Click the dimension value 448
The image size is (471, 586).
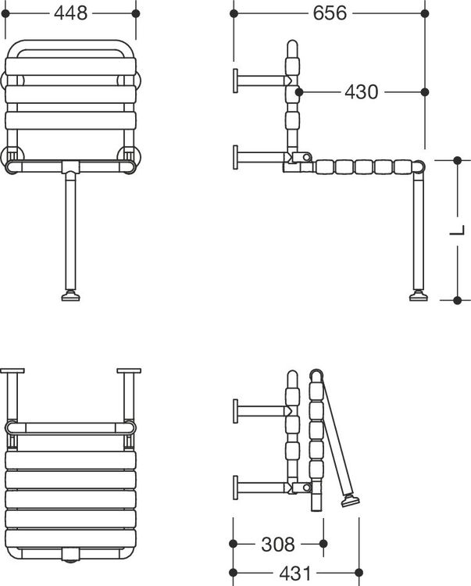pos(70,13)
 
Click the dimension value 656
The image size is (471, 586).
pos(330,13)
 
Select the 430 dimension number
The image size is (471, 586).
pos(361,92)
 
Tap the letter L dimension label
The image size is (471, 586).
pos(457,230)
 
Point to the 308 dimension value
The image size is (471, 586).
pos(278,544)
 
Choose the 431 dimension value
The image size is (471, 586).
pos(295,573)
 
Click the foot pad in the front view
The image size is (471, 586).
pos(70,296)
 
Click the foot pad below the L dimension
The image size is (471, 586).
pos(419,296)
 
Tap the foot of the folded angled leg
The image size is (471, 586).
pos(351,500)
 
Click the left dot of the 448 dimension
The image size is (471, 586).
pos(5,13)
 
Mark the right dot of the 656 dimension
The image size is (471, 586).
pos(425,13)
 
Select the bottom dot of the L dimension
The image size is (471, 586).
pos(457,300)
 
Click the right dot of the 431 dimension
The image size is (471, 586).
pos(359,573)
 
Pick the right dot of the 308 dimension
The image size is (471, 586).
pos(323,544)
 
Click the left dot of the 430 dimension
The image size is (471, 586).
pos(299,92)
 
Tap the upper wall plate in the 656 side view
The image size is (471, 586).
pos(236,80)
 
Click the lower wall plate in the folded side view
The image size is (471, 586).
pos(236,488)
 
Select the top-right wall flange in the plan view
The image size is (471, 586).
pos(129,371)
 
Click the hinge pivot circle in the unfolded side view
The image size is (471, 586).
pos(306,157)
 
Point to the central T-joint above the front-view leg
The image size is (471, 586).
pos(70,167)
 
